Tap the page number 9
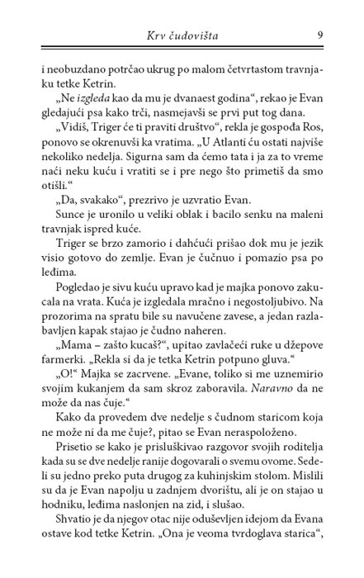point(319,35)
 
